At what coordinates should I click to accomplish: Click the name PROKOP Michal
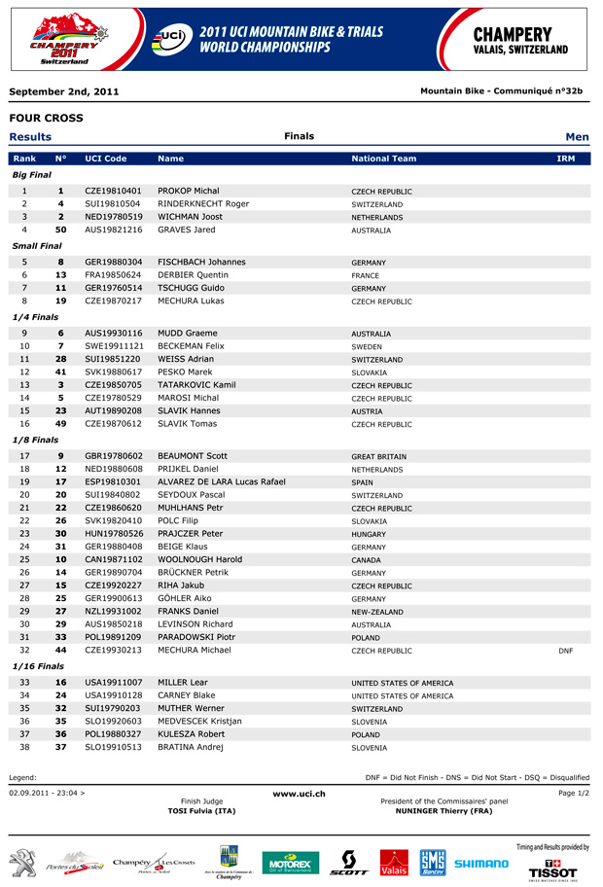(188, 192)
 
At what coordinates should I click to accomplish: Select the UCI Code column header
(106, 159)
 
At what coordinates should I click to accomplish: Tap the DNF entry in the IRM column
(565, 651)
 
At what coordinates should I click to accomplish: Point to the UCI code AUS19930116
(113, 334)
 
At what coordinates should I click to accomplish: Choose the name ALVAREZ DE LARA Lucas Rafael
(221, 482)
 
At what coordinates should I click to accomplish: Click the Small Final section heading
(37, 246)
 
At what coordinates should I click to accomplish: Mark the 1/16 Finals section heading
(38, 666)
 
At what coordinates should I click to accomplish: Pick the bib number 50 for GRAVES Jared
(60, 231)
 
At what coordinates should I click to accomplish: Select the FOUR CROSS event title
(46, 118)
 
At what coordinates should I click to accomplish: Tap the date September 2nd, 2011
(64, 91)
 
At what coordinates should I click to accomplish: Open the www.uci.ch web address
(299, 795)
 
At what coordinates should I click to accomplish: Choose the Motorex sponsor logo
(290, 864)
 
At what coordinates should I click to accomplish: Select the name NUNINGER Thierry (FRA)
(443, 810)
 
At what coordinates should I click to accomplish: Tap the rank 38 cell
(24, 748)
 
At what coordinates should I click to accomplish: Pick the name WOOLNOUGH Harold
(199, 560)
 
